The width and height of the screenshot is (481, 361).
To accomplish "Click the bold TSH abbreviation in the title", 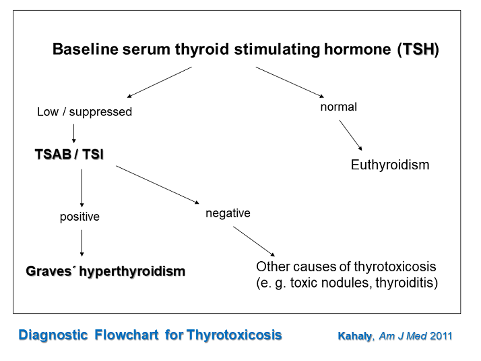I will pos(418,50).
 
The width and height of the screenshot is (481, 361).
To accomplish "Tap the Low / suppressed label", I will pos(84,112).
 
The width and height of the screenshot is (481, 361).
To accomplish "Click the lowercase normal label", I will pos(338,107).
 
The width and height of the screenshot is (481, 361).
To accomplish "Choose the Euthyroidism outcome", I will pos(389,165).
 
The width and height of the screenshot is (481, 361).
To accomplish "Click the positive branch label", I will pos(79,217).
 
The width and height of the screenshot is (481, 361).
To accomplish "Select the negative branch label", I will pos(228,213).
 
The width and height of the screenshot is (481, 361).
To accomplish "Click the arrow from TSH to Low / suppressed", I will pos(149,83).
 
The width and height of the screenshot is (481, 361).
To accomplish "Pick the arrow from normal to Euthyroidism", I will pos(350,135).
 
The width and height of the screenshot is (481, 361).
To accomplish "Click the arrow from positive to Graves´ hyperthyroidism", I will pos(82,243).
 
